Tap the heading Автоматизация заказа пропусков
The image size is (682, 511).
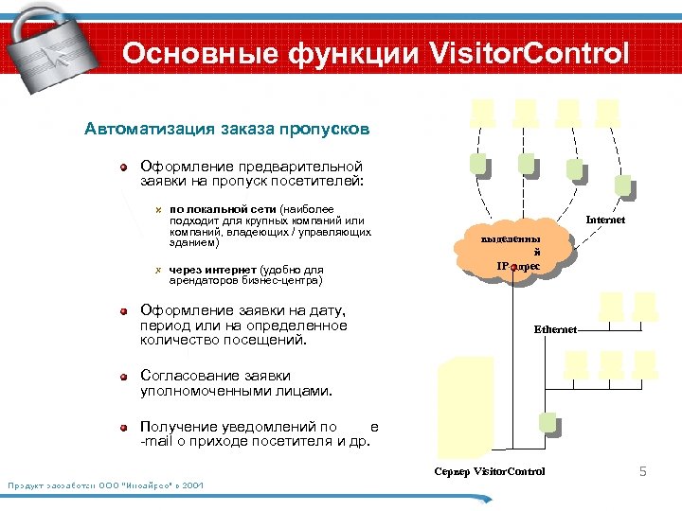click(227, 128)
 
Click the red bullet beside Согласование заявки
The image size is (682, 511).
click(123, 376)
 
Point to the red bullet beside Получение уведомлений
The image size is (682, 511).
click(123, 428)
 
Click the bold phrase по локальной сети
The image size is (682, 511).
click(224, 207)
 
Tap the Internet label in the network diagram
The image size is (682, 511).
click(605, 220)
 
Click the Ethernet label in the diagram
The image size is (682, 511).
click(554, 329)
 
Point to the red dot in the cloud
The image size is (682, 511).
click(512, 269)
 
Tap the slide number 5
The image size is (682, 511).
click(641, 471)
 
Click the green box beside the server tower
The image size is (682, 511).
click(545, 423)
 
